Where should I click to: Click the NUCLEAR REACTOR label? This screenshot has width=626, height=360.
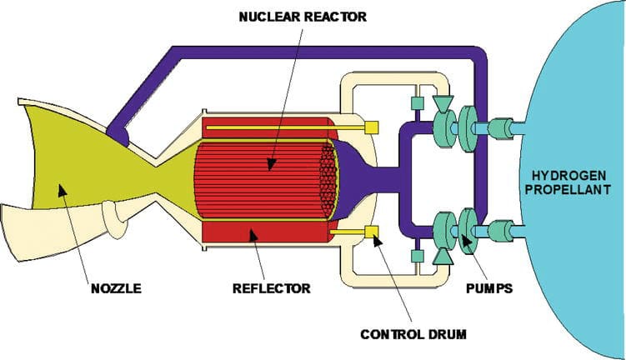click(x=303, y=17)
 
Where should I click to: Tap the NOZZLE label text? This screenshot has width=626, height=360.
click(x=116, y=288)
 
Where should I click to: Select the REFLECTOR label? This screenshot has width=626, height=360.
click(x=272, y=288)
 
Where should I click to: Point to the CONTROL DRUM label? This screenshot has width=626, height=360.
click(x=413, y=334)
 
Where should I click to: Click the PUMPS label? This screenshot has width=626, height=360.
click(x=489, y=288)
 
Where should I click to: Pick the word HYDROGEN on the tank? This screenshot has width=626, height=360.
click(x=569, y=175)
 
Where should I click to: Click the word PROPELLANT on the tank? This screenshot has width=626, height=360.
click(x=568, y=189)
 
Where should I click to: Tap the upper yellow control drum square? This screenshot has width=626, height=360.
click(x=371, y=127)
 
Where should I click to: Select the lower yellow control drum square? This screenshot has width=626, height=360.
click(x=371, y=232)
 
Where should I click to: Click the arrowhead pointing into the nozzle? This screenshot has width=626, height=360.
click(x=62, y=190)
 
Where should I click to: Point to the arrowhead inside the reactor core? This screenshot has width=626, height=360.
click(x=272, y=163)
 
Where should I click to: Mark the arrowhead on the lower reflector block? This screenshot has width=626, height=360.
click(x=253, y=236)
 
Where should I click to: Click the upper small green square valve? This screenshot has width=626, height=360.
click(x=417, y=103)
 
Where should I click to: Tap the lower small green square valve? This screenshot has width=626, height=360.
click(x=417, y=256)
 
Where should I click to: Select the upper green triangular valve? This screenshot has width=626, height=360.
click(x=443, y=104)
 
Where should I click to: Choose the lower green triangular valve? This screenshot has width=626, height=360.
click(x=443, y=256)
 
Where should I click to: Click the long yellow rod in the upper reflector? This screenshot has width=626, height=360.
click(x=285, y=127)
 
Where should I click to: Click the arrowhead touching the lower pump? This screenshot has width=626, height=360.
click(x=466, y=239)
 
